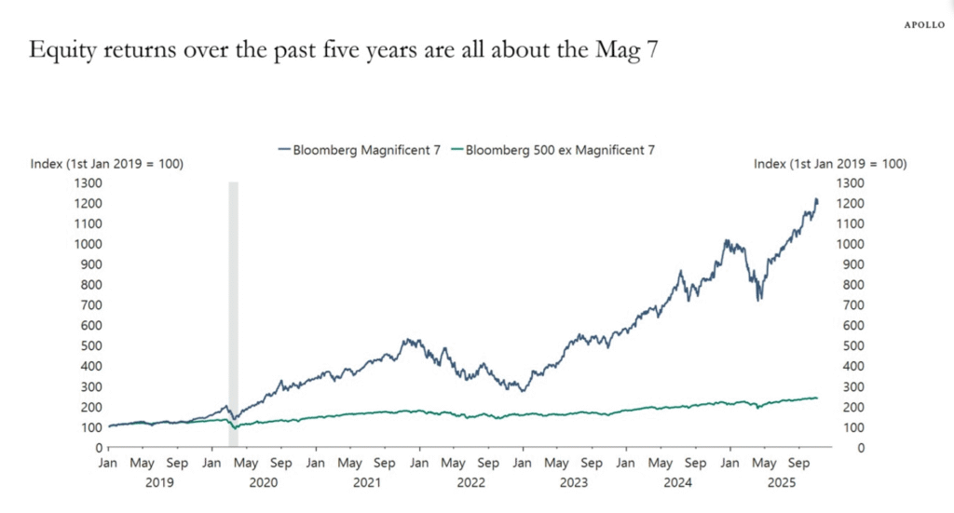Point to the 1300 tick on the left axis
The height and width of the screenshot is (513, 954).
(x=87, y=182)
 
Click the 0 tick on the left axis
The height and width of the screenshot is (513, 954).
(x=97, y=448)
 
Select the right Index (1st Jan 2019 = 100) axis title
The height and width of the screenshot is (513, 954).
(x=830, y=164)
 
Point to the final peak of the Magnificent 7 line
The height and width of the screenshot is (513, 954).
(x=816, y=199)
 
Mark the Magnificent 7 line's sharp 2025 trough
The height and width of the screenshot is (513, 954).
(x=760, y=299)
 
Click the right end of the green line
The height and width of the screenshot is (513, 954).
(x=817, y=398)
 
